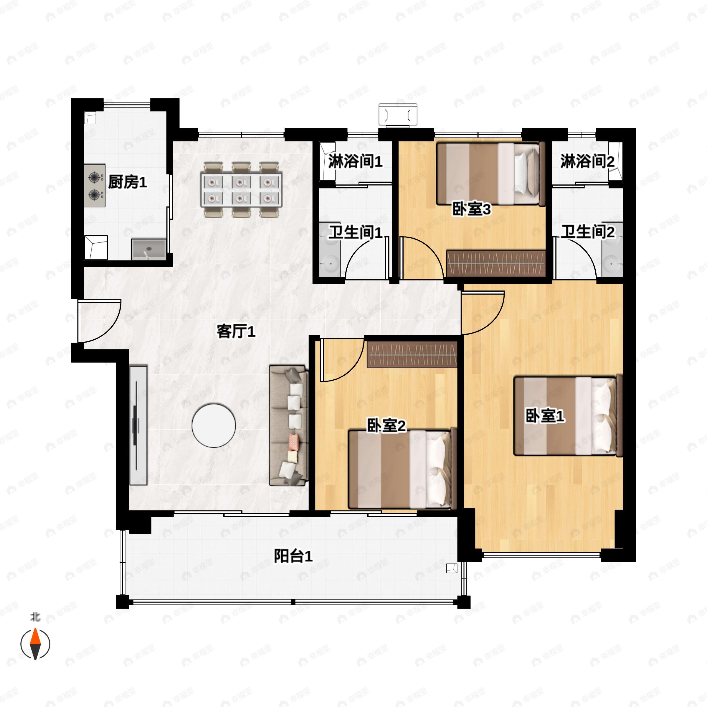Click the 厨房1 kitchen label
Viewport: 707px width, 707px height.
(x=127, y=182)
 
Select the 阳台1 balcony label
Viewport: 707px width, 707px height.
(x=293, y=556)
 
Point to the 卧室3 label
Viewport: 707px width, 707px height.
(x=471, y=209)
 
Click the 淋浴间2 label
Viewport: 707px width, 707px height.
(x=587, y=161)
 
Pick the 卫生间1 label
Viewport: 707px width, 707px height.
(x=355, y=232)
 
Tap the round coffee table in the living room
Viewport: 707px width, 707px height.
(x=214, y=425)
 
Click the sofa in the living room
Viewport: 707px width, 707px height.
(x=289, y=425)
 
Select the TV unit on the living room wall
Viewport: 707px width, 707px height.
(x=139, y=425)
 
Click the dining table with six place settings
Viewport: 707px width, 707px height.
(x=240, y=189)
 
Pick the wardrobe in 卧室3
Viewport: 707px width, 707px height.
(x=496, y=263)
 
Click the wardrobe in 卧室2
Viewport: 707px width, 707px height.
(x=412, y=355)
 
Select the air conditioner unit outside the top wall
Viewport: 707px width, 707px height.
(x=398, y=115)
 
